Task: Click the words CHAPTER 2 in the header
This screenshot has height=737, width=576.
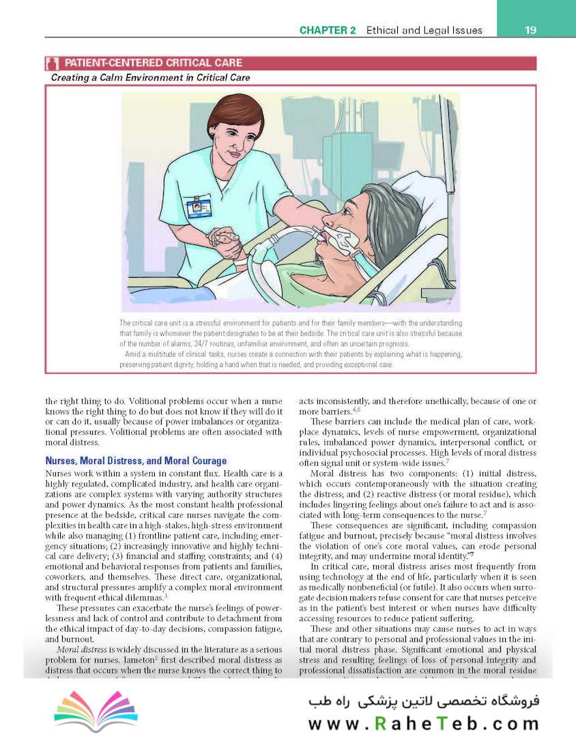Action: pyautogui.click(x=329, y=30)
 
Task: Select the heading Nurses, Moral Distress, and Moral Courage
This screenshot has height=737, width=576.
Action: pyautogui.click(x=136, y=461)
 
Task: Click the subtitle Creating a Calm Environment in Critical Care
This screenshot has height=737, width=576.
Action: pyautogui.click(x=150, y=78)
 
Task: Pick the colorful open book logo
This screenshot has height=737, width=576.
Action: pyautogui.click(x=96, y=710)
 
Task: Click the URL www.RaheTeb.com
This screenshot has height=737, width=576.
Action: pyautogui.click(x=423, y=723)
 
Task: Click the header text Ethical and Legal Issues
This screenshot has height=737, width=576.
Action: pyautogui.click(x=424, y=30)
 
